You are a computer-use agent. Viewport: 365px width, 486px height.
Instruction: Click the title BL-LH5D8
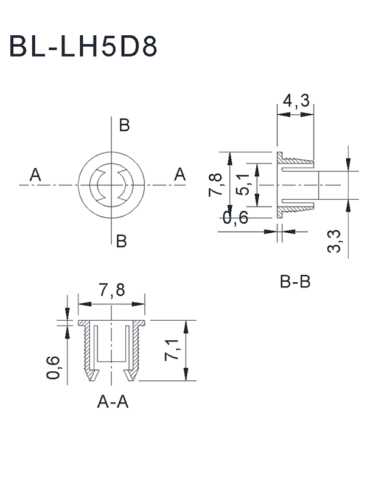coord(83,47)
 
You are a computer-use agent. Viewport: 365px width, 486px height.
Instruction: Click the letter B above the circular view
coord(124,126)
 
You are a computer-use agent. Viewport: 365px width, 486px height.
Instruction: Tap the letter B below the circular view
coord(122,241)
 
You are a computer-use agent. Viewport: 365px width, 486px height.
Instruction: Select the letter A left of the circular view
coord(35,176)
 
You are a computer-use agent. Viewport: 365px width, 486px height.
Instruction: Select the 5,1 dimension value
coord(243,184)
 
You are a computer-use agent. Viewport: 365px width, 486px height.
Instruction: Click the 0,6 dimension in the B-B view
coord(235,217)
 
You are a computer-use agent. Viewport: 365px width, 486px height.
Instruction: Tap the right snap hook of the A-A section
coord(131,372)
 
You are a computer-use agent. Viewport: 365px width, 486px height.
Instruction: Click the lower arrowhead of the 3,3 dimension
coord(347,205)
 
